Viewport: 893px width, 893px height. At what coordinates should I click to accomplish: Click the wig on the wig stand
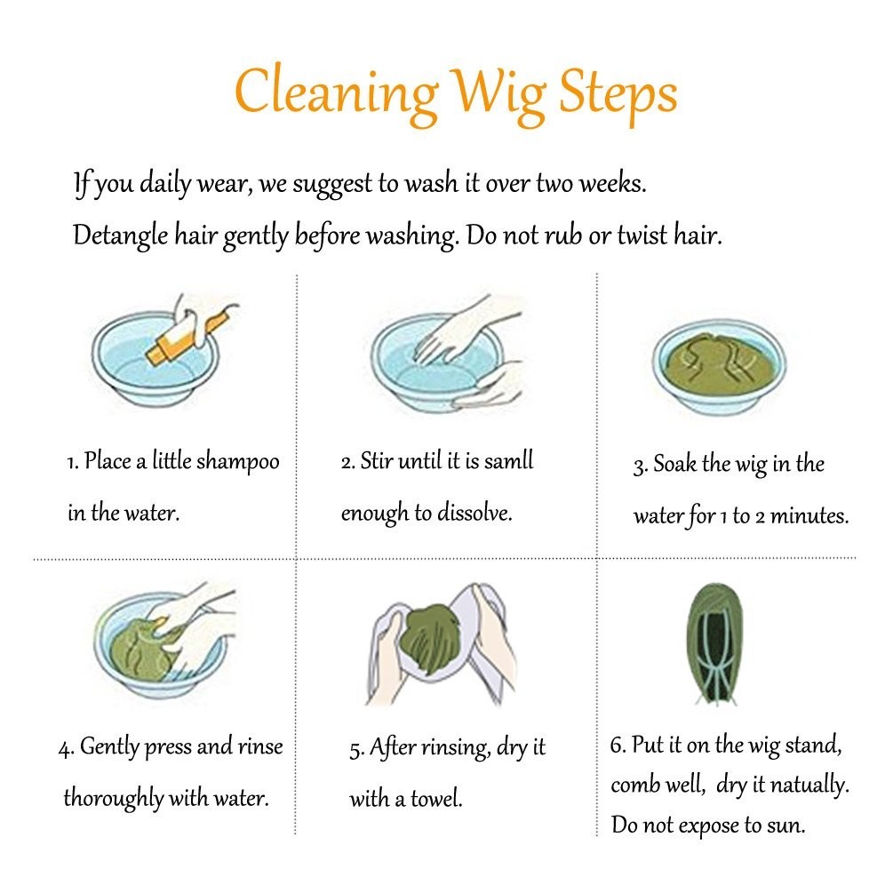click(x=715, y=643)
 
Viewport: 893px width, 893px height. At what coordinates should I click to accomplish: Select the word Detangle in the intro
click(x=121, y=235)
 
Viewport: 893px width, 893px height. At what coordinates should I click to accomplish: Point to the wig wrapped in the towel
click(x=431, y=634)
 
